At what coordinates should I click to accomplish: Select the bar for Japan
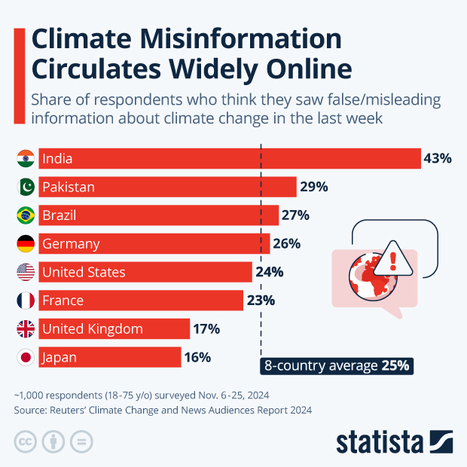110,357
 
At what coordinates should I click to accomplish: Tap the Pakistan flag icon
26,187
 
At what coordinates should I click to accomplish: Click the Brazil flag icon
26,215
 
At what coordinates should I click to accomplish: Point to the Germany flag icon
26,244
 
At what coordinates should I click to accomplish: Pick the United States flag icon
26,272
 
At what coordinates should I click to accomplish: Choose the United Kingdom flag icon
26,328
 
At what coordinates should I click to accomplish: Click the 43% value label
438,158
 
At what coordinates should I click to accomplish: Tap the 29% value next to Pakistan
313,187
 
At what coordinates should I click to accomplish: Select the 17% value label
206,328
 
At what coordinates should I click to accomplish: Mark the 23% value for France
261,301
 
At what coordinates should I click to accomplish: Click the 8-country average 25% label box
337,366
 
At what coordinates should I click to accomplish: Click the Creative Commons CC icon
26,441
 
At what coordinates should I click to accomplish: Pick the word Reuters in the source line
73,411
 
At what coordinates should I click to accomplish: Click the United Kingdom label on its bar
92,328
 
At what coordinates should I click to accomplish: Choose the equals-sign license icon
81,441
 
